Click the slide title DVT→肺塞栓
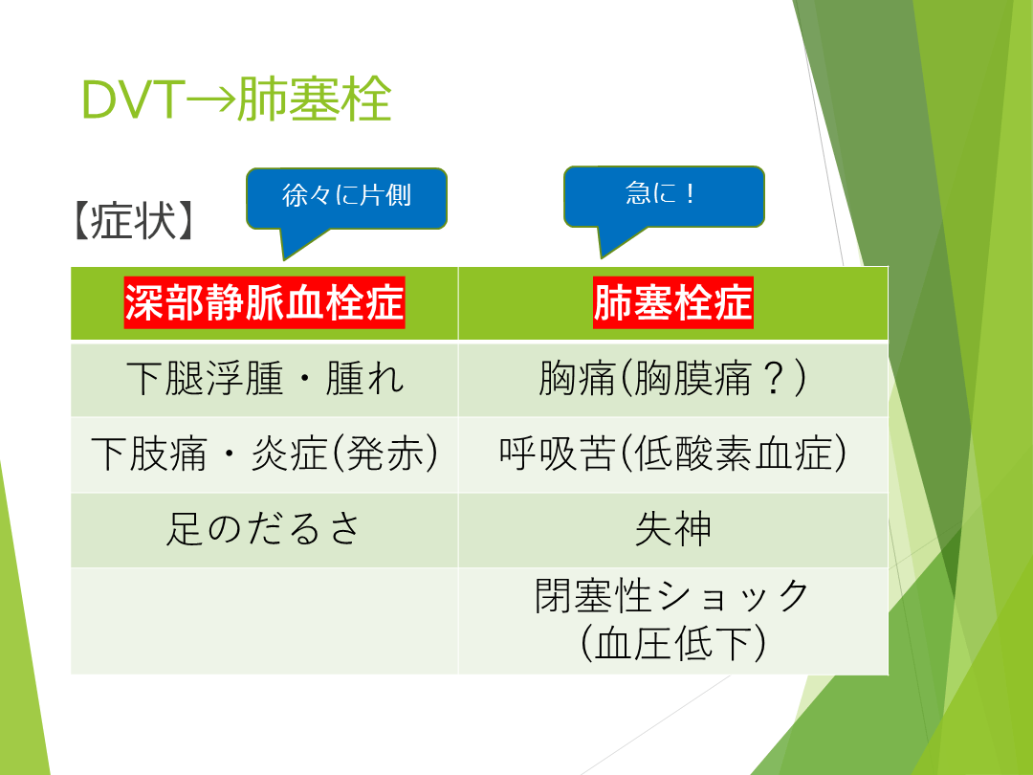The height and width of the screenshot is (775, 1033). tap(236, 100)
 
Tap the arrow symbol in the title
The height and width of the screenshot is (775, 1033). tap(210, 100)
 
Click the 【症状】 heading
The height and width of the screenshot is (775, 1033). tap(134, 220)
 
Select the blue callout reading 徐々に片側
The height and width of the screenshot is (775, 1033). tap(346, 199)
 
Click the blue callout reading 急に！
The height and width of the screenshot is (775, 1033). tap(664, 196)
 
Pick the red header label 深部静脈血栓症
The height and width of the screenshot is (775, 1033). tap(264, 302)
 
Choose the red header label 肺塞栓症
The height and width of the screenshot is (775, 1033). tap(672, 302)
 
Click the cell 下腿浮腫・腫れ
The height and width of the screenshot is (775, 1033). tap(265, 379)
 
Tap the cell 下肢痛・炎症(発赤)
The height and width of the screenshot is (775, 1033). tap(264, 454)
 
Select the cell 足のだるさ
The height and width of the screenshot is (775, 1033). tap(264, 529)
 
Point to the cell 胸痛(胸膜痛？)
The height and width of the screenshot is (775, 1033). tap(672, 379)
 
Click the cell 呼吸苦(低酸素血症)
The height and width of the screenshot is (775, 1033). tap(672, 454)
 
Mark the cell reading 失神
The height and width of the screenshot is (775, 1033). tap(672, 529)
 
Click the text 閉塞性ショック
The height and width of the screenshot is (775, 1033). tap(672, 595)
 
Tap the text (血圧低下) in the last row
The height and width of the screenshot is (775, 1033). tap(672, 644)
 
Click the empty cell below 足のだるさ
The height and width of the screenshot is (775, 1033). tap(264, 621)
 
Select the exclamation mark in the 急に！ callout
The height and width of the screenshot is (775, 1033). tap(690, 194)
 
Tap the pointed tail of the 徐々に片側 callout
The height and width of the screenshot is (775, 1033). tap(285, 258)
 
